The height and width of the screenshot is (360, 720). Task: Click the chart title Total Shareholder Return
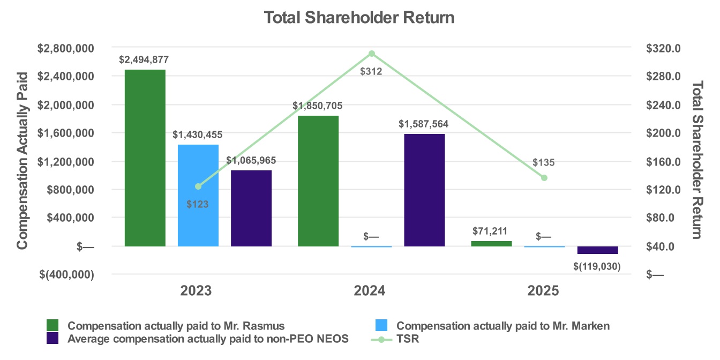tap(359, 18)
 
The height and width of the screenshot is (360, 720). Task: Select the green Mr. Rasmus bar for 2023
tap(145, 158)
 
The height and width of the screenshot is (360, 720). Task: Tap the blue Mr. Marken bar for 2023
tap(198, 196)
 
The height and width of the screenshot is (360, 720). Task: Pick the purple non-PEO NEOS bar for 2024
tap(424, 190)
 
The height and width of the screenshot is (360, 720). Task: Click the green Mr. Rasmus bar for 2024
tap(318, 181)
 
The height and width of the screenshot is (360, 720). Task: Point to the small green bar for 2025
tap(491, 244)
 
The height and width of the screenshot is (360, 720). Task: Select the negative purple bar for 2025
tap(598, 250)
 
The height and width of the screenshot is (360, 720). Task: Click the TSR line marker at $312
tap(371, 54)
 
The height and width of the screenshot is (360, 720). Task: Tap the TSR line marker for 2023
tap(198, 186)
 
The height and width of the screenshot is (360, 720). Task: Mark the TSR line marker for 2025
tap(544, 177)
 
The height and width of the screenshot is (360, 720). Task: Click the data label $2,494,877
tap(145, 59)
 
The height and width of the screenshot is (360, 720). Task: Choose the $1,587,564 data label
tap(424, 124)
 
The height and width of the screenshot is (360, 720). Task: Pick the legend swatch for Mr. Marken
tap(380, 325)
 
